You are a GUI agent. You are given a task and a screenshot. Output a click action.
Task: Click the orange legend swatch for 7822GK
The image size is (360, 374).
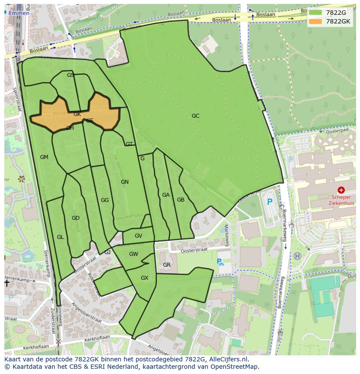click(x=316, y=21)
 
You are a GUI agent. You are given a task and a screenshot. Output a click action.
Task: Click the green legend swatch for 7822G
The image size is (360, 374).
click(x=316, y=13)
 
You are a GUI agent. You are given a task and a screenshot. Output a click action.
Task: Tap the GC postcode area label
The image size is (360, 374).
click(x=196, y=116)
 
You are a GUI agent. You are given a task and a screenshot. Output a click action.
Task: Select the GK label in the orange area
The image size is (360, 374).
click(x=77, y=114)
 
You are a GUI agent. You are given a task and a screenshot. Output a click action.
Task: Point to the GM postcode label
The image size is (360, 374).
click(x=44, y=157)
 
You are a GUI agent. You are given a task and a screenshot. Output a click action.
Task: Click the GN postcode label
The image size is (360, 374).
click(x=125, y=182)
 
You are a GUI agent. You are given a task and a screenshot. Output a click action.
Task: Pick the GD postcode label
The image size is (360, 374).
click(x=76, y=218)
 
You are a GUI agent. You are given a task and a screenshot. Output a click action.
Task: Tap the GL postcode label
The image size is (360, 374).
click(x=60, y=237)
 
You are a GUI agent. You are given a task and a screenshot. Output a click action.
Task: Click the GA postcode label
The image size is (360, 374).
click(x=166, y=195)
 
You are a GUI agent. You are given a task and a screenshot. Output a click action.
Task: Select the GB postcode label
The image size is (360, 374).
click(x=181, y=200)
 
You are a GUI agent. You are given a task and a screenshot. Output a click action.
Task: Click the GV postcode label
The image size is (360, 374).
click(x=138, y=236)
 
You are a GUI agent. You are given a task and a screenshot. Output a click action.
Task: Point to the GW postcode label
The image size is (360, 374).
click(x=133, y=254)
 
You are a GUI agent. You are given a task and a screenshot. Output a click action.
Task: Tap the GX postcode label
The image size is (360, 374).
click(x=145, y=278)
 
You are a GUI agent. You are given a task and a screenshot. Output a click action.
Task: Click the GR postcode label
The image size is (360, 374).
click(x=167, y=265)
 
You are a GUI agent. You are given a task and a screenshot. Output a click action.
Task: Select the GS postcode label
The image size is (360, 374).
click(x=70, y=75)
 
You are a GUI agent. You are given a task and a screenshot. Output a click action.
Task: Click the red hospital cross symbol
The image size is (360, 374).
click(x=341, y=190)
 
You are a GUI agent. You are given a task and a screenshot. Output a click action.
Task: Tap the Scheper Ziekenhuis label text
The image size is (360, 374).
click(x=341, y=200)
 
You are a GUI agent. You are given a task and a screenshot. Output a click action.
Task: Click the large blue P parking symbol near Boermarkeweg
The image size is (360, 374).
click(x=270, y=202)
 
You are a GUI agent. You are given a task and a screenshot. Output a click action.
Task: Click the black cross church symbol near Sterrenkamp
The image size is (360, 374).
click(x=7, y=283)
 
